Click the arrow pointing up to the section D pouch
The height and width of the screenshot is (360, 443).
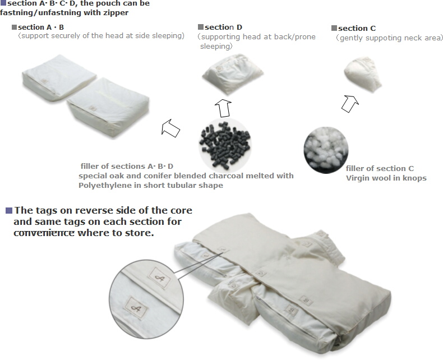tap(224, 108)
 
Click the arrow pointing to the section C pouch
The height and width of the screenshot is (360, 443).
tap(350, 104)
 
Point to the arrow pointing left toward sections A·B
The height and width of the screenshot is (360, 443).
tap(170, 128)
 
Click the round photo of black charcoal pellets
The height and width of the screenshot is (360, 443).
tap(225, 144)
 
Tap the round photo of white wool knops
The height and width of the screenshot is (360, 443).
tap(326, 150)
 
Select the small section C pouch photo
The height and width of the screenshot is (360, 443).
tap(363, 74)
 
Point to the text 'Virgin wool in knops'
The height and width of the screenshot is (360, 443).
tap(386, 178)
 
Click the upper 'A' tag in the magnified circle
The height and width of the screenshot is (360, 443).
tap(160, 278)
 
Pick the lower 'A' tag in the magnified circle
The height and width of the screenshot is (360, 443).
tap(136, 308)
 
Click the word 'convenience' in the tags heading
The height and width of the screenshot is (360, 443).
tap(44, 233)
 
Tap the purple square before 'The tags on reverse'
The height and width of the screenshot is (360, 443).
tap(9, 210)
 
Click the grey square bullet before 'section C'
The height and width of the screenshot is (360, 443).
tap(334, 28)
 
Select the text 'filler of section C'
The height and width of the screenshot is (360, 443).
tap(380, 168)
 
